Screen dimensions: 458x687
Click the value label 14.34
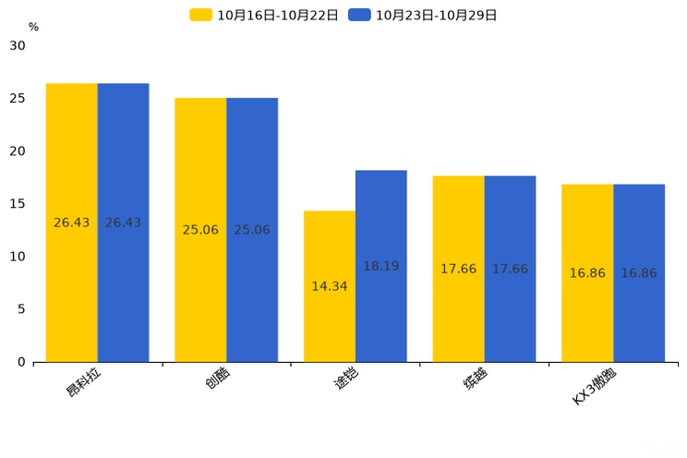330,286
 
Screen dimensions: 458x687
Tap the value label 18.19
380,266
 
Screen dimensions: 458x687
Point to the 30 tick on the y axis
18,45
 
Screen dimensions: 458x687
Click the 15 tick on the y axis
18,203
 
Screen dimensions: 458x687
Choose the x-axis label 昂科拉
85,381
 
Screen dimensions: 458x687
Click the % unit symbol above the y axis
33,27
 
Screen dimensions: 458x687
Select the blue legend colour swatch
359,15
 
